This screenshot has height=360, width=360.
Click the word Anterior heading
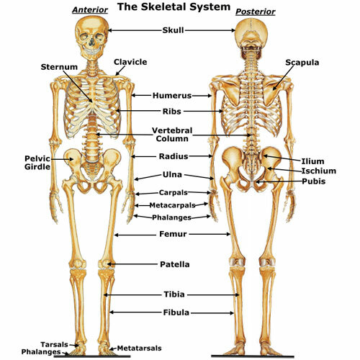(90, 10)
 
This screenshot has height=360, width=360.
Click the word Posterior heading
(256, 12)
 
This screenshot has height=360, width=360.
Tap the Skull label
(173, 30)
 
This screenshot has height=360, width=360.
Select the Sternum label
(59, 67)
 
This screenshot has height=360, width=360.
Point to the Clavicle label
(130, 62)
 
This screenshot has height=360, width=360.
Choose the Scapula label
(302, 63)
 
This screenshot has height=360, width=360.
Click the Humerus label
(172, 96)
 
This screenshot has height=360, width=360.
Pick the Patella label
(175, 264)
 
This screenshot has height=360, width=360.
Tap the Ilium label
(312, 161)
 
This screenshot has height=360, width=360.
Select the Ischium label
(319, 171)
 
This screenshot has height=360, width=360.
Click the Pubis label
(313, 181)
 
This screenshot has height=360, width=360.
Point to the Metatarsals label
(139, 348)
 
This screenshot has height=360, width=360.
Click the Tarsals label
(54, 345)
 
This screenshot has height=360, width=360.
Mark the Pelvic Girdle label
(37, 163)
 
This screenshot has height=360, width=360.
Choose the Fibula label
(176, 312)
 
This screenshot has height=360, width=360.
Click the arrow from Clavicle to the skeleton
(120, 71)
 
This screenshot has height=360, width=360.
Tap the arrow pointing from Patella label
(132, 264)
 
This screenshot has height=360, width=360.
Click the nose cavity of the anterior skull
(91, 42)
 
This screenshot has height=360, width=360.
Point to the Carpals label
(174, 192)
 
